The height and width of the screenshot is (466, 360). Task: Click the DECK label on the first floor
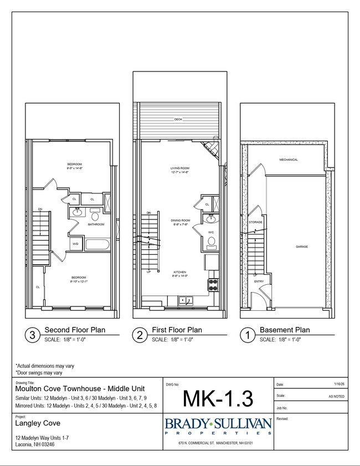pyautogui.click(x=178, y=119)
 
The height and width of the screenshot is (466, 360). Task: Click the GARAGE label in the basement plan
pyautogui.click(x=301, y=247)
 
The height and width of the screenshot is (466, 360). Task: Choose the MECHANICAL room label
pyautogui.click(x=288, y=160)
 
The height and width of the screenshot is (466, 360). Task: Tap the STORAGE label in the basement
pyautogui.click(x=255, y=222)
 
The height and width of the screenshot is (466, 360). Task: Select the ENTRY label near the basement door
pyautogui.click(x=259, y=281)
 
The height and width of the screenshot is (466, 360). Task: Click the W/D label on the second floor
pyautogui.click(x=75, y=244)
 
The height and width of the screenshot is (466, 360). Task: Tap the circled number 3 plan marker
pyautogui.click(x=32, y=335)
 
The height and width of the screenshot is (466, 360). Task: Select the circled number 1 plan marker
pyautogui.click(x=248, y=335)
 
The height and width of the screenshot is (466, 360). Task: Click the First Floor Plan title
pyautogui.click(x=177, y=330)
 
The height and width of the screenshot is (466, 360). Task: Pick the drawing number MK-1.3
pyautogui.click(x=218, y=398)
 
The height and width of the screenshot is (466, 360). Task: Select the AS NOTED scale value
pyautogui.click(x=336, y=397)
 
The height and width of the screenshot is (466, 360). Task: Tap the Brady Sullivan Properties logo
pyautogui.click(x=218, y=427)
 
